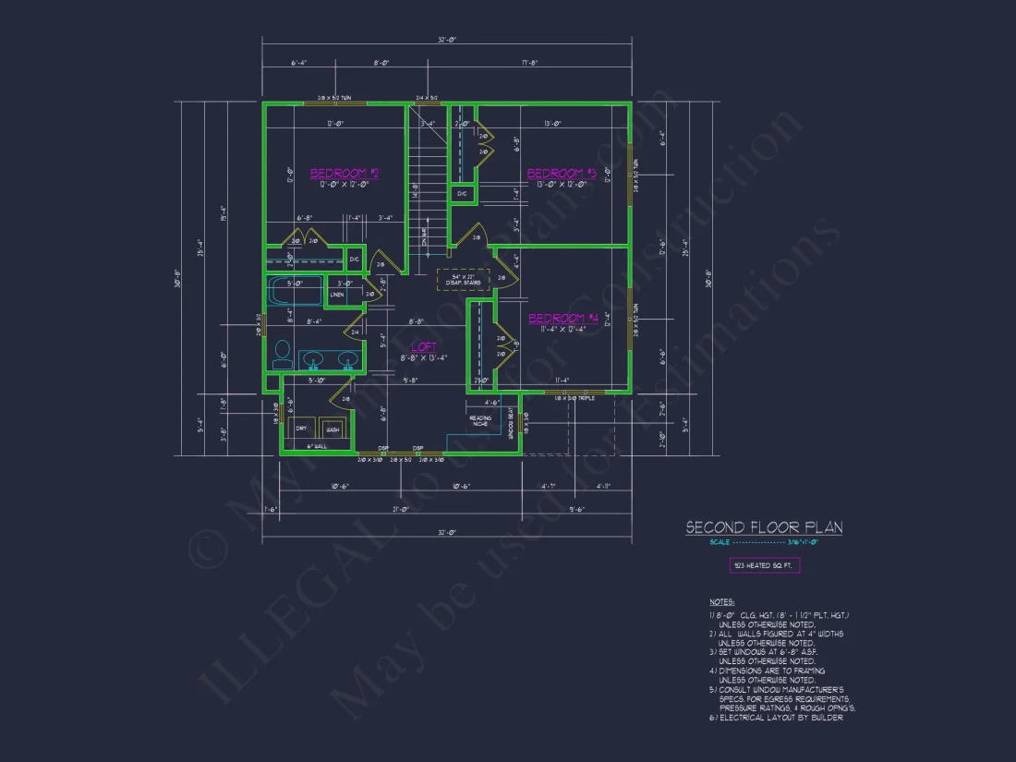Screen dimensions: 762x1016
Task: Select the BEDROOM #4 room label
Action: click(x=563, y=319)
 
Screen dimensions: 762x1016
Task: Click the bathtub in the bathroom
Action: click(x=295, y=291)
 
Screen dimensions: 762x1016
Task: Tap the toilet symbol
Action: click(x=284, y=355)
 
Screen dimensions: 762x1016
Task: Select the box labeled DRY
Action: click(x=301, y=429)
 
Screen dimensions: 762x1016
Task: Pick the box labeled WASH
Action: click(x=332, y=429)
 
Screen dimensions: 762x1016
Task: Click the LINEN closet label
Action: click(x=337, y=295)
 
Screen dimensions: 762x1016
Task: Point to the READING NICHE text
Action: click(x=479, y=420)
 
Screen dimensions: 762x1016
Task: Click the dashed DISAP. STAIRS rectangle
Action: click(x=463, y=280)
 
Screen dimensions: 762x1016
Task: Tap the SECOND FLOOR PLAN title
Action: click(x=764, y=527)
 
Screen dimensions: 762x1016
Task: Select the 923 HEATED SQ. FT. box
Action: click(x=764, y=565)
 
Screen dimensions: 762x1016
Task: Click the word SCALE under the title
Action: click(x=719, y=543)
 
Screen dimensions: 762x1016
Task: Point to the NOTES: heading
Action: click(x=722, y=602)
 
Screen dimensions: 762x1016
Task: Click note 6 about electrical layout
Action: click(x=776, y=718)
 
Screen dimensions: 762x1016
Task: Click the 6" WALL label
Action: click(x=317, y=446)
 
